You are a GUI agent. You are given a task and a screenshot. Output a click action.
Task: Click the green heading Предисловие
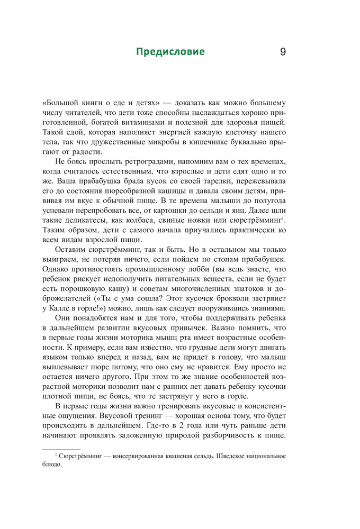[x=170, y=52]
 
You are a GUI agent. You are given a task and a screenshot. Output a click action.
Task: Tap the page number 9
[x=282, y=52]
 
